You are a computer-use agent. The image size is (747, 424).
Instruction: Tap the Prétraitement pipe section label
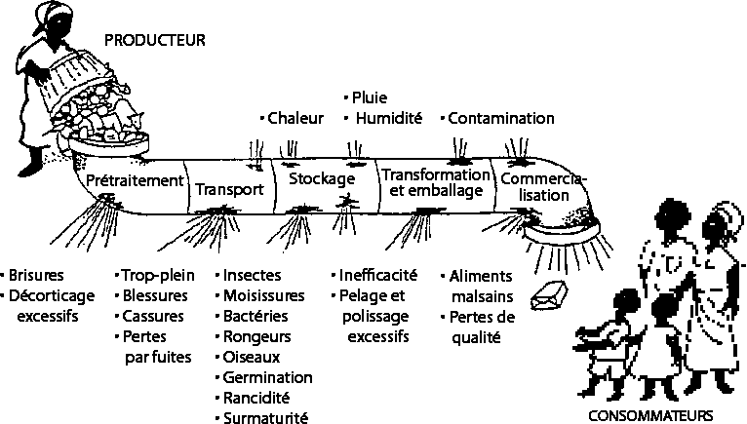[x=135, y=180]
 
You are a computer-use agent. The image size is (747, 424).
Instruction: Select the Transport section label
[x=229, y=189]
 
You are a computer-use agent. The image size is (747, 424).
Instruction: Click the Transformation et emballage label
[x=434, y=182]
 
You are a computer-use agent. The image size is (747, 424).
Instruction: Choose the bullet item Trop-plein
[x=156, y=275]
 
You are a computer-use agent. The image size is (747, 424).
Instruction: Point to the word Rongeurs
[x=258, y=336]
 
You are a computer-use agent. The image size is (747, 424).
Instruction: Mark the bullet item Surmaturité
[x=265, y=418]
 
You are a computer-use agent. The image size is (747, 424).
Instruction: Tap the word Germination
[x=267, y=377]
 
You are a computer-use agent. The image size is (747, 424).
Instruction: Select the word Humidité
[x=388, y=119]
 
